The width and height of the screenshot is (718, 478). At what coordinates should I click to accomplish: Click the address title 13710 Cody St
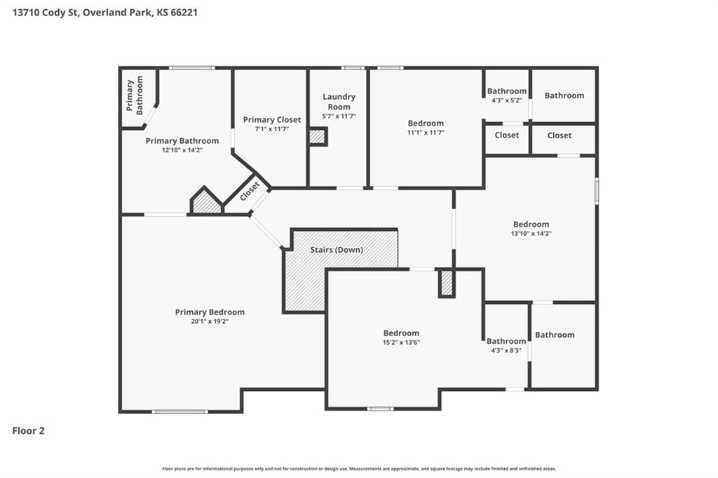tap(46, 13)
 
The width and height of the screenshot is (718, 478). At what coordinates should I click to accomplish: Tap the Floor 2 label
tap(28, 430)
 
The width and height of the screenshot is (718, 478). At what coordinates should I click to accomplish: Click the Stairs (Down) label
tap(337, 250)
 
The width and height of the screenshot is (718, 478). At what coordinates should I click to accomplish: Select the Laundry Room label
tap(339, 101)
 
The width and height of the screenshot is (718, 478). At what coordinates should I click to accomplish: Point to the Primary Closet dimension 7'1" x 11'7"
tap(272, 129)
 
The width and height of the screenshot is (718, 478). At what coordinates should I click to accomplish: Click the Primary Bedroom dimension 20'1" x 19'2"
tap(210, 321)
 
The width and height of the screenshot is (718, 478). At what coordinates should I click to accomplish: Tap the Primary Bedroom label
tap(210, 312)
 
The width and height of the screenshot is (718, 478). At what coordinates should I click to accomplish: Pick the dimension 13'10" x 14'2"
tap(531, 233)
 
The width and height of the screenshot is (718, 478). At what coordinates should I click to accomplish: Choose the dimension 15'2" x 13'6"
tap(401, 343)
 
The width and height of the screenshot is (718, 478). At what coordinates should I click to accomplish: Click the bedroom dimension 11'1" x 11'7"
tap(426, 133)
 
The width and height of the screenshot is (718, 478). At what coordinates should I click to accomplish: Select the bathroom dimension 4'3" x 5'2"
tap(506, 100)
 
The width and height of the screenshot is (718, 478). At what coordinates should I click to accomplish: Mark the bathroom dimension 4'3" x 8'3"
tap(506, 350)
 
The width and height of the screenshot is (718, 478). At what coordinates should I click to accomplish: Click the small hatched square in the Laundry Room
tap(318, 137)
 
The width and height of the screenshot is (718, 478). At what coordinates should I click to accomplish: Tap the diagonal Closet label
tap(250, 191)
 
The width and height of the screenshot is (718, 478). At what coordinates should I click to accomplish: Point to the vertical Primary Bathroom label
tap(135, 95)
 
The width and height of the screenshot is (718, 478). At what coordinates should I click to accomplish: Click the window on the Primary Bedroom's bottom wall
tap(179, 411)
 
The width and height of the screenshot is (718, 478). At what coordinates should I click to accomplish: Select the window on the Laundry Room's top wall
tap(353, 68)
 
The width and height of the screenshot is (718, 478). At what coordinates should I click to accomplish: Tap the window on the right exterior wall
tap(597, 190)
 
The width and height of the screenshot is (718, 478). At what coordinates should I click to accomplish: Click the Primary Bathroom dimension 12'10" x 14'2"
tap(182, 150)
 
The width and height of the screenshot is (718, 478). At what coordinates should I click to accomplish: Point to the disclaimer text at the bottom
tap(359, 469)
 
